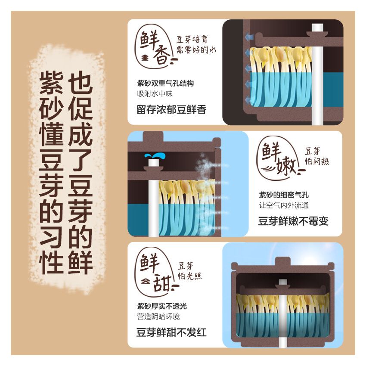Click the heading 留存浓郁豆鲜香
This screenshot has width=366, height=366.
[x=172, y=109]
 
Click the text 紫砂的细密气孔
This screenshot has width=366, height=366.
[x=283, y=195]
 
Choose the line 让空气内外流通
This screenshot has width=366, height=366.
[x=283, y=205]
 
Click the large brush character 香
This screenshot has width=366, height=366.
[x=161, y=56]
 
